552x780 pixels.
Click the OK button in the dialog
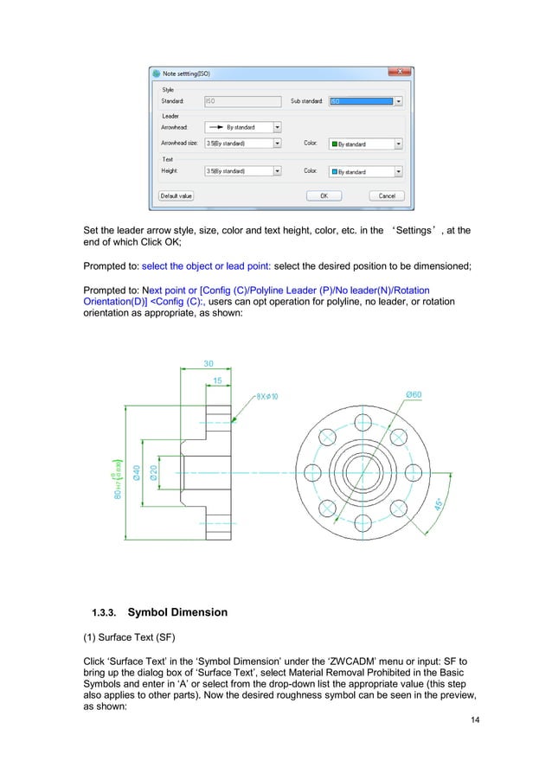point(324,196)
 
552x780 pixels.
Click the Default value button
point(176,196)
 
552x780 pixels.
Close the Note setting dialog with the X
point(400,73)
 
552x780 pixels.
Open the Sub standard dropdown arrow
point(398,101)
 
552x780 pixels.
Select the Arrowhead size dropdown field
point(241,144)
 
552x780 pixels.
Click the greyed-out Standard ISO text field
point(241,101)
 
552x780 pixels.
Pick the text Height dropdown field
point(241,171)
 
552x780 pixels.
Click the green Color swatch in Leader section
point(334,144)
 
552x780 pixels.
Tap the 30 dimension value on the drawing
point(209,364)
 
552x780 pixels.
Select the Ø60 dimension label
point(414,394)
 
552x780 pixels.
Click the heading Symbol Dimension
point(177,612)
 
